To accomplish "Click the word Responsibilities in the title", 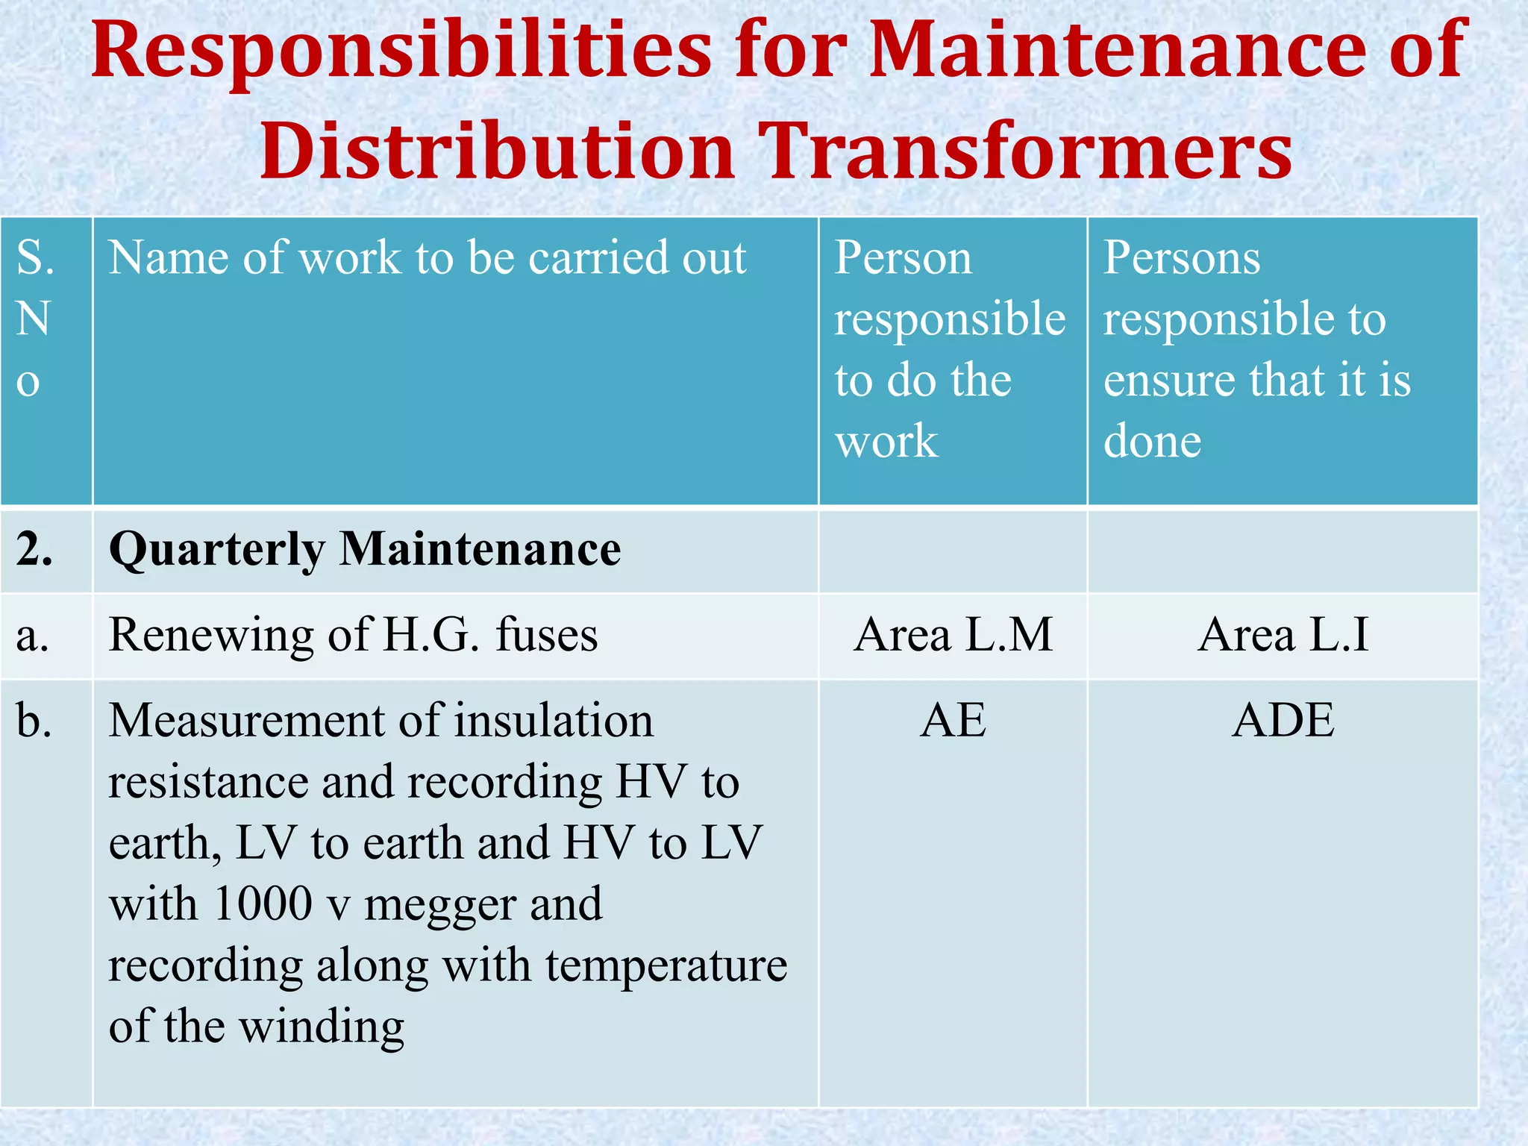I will coord(401,50).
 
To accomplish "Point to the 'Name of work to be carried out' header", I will coord(428,258).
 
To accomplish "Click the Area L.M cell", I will coord(953,635).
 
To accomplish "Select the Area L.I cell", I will coord(1283,635).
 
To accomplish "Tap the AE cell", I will coord(953,721).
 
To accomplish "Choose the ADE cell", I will coord(1283,721).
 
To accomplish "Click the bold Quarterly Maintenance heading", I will coord(365,550).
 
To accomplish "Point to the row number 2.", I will coord(34,550).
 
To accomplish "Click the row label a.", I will coord(32,636).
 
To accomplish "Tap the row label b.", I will coord(34,721).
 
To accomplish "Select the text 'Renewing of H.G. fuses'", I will coord(353,635).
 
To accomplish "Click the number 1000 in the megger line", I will coord(263,904).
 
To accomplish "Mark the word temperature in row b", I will coord(666,965).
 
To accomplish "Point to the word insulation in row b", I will coord(554,721).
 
